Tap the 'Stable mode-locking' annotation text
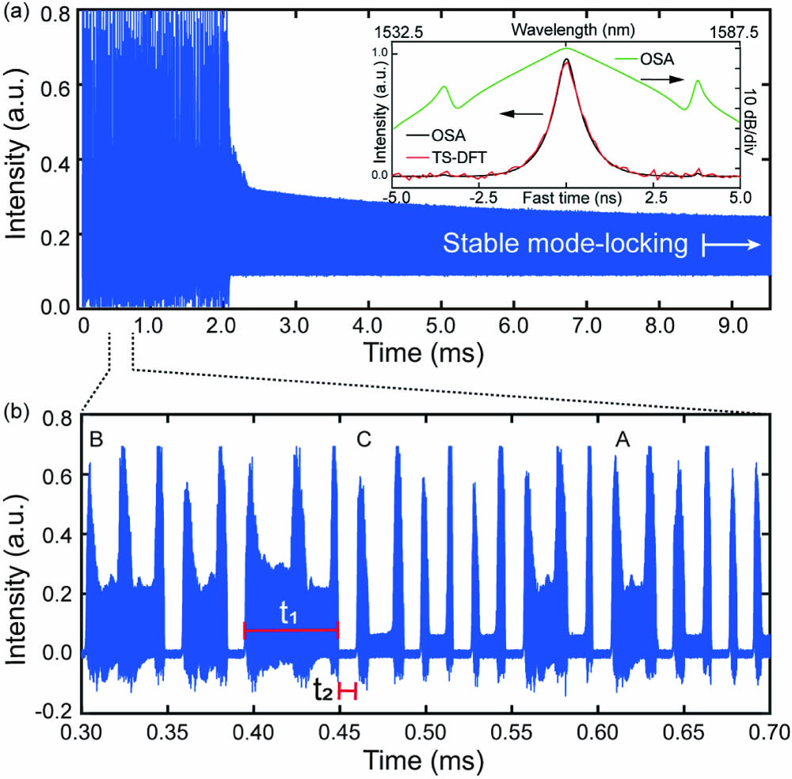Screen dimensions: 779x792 (x=564, y=245)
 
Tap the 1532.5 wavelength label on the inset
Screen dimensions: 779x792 (x=394, y=33)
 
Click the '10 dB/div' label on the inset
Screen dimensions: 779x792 (x=748, y=116)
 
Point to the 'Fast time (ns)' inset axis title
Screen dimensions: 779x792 (x=565, y=192)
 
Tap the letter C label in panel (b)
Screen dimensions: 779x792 (x=364, y=439)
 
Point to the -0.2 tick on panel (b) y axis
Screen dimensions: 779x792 (x=59, y=711)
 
